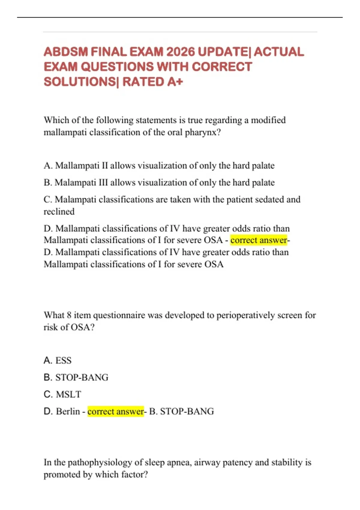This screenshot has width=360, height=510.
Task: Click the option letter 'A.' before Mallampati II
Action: coord(48,166)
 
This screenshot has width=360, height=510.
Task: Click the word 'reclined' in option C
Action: coord(59,211)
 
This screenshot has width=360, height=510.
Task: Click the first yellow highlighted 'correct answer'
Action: coord(259,240)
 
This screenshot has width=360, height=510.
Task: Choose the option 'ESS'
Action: coord(63,360)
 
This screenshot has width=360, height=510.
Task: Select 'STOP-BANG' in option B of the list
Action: coord(82,377)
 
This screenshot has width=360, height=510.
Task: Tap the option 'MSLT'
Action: coord(68,394)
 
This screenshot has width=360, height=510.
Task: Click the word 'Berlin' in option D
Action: coord(68,411)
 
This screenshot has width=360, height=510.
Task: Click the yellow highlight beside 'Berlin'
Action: coord(115,411)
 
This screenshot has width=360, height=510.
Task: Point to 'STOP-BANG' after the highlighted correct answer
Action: coord(187,411)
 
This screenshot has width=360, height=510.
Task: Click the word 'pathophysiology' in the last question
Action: coord(100,462)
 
